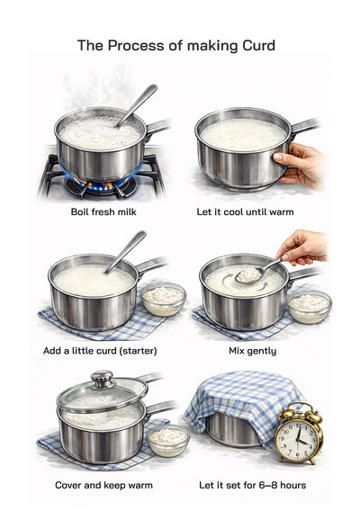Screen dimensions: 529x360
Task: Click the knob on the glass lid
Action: [102, 378]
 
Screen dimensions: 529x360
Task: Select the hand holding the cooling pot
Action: [301, 165]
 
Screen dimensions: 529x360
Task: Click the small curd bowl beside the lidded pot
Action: [167, 440]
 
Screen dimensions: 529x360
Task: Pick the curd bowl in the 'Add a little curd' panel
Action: [164, 298]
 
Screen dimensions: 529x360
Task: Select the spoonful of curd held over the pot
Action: [247, 274]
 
